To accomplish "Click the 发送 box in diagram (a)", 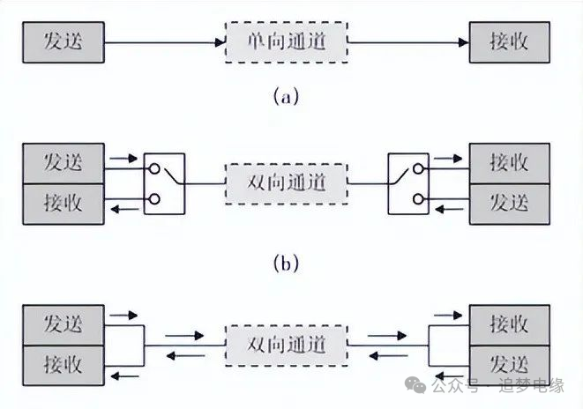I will (64, 41).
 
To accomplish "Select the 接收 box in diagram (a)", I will (509, 41).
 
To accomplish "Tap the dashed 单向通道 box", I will (287, 41).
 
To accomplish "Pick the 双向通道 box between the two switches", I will (287, 183).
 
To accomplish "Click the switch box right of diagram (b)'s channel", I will (408, 183).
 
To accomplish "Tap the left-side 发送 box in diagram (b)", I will (64, 162).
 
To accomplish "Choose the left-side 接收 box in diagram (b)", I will (64, 203).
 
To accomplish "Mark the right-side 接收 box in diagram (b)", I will (509, 162).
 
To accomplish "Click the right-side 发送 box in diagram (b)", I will (509, 203).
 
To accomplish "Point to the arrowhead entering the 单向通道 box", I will (221, 41).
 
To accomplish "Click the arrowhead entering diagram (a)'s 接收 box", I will (463, 41).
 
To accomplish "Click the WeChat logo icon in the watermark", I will (415, 386).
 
